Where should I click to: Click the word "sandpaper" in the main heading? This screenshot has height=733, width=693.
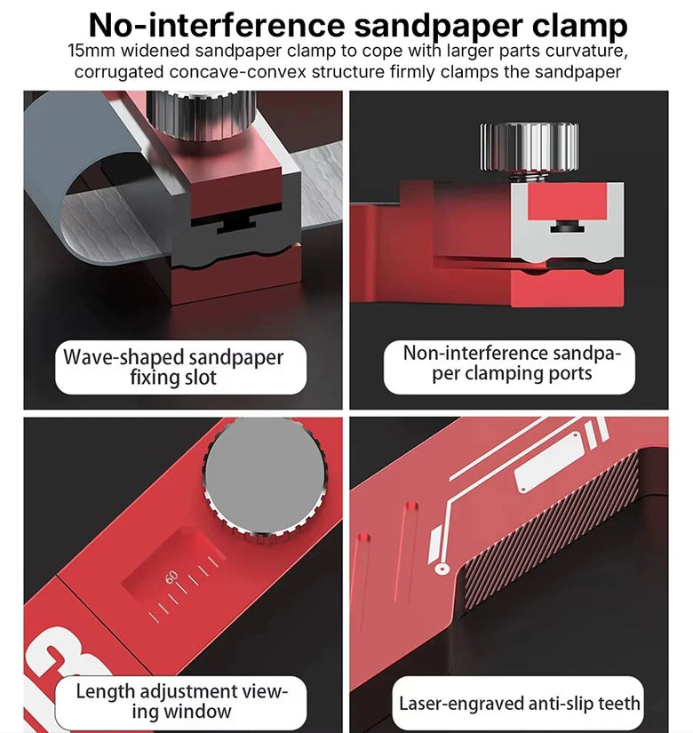438,26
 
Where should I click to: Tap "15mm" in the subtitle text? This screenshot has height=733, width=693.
91,51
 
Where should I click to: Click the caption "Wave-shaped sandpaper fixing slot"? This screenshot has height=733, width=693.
173,368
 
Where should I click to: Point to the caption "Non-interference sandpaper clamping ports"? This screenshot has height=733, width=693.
512,363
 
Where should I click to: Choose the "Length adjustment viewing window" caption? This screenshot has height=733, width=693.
181,701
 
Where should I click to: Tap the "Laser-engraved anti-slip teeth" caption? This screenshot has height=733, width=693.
519,704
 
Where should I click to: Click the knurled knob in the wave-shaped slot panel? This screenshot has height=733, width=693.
201,115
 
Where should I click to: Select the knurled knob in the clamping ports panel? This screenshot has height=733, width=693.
530,147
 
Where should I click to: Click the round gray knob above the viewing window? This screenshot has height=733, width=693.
265,478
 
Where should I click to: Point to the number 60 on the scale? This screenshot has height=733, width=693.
171,578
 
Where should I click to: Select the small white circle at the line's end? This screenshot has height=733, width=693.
442,570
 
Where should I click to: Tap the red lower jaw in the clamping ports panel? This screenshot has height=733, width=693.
567,289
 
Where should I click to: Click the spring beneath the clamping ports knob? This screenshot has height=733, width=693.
529,177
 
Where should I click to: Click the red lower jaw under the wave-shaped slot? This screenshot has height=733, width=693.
236,275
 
